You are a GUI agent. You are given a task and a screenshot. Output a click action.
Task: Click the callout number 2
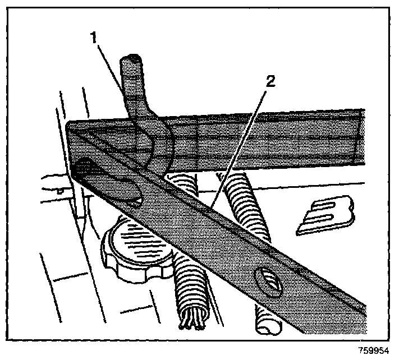pos(270,82)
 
